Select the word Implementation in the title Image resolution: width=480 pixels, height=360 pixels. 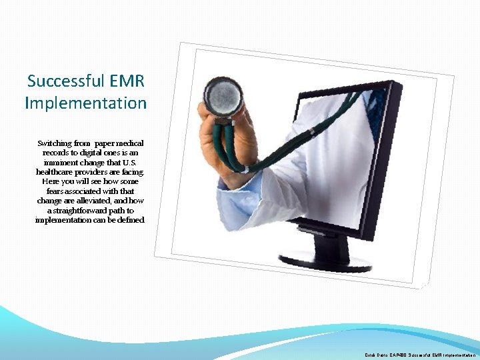coord(85,103)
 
